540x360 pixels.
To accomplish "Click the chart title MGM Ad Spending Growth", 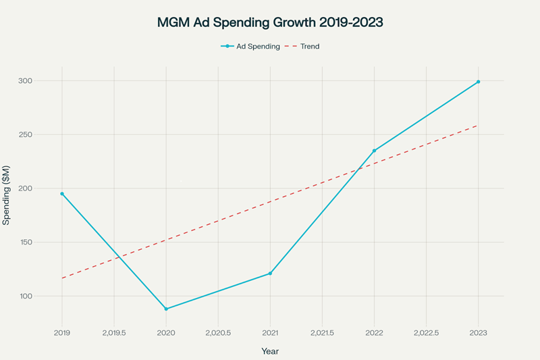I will pos(270,22).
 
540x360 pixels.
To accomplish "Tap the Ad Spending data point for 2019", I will pos(62,194).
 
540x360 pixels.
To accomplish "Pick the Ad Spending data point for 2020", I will pos(166,309).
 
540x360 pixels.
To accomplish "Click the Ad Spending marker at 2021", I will pos(270,274).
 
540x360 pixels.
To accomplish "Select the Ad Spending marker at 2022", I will pos(374,151).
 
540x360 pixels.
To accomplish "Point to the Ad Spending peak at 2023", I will pos(479,82).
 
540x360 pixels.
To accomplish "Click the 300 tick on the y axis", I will pos(44,81).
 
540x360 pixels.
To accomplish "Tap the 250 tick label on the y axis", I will pos(44,134).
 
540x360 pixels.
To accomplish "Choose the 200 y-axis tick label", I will pos(44,188).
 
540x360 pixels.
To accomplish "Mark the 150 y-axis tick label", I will pos(44,242).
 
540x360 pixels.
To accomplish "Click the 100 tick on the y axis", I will pos(44,297).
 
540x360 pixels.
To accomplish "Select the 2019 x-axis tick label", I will pos(62,332).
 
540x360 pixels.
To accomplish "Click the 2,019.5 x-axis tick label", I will pos(114,332).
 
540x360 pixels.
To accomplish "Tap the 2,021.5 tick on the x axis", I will pos(322,332).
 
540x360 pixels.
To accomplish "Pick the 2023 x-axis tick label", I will pos(479,332).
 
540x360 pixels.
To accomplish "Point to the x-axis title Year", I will pos(270,351).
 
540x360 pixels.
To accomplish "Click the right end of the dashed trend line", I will pos(478,125).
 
